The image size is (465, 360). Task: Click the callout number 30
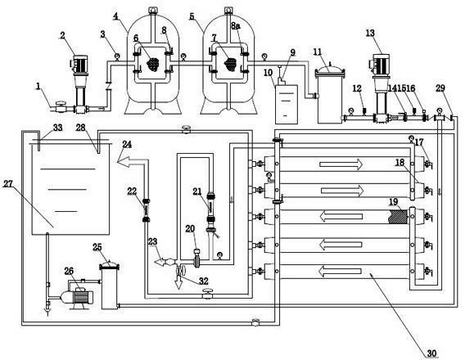coord(431,353)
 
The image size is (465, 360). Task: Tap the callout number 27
coord(8,184)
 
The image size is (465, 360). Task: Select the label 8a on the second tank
coord(236,26)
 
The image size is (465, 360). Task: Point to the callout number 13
coord(370,33)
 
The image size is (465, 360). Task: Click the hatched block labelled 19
coord(399,217)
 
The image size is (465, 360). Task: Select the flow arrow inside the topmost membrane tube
coord(341,164)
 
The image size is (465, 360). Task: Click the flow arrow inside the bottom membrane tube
coord(340,271)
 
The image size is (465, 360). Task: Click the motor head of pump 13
coord(379,64)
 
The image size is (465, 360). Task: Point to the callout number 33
coord(57,128)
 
